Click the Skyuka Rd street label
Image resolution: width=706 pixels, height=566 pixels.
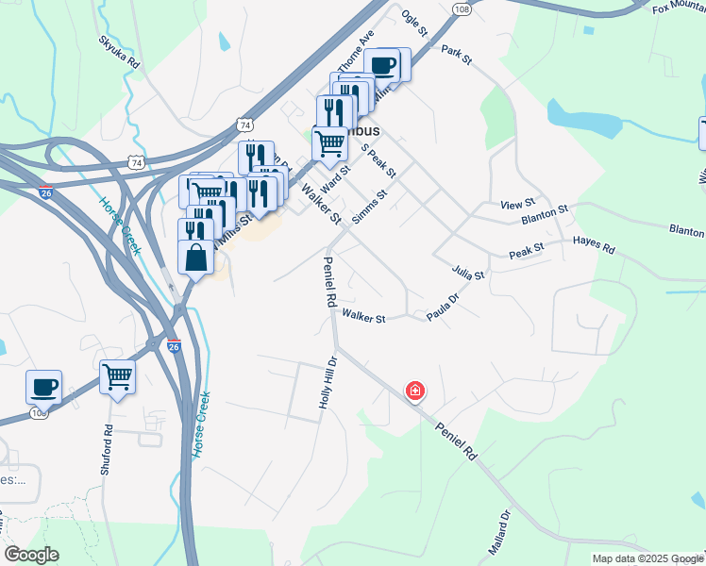pyautogui.click(x=119, y=52)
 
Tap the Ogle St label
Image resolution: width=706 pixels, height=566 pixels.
pyautogui.click(x=414, y=23)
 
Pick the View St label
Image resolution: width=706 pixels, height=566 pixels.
pyautogui.click(x=517, y=203)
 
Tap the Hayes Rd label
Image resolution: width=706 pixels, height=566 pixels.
pyautogui.click(x=594, y=247)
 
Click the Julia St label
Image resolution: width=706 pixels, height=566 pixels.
pyautogui.click(x=468, y=274)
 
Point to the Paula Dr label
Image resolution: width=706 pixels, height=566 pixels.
pyautogui.click(x=442, y=308)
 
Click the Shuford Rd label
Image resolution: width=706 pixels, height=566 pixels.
pyautogui.click(x=108, y=449)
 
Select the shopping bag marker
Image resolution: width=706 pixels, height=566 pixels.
pyautogui.click(x=195, y=257)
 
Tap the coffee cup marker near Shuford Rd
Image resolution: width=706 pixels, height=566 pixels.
pyautogui.click(x=44, y=387)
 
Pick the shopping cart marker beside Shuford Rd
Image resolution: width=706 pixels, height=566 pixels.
pyautogui.click(x=118, y=378)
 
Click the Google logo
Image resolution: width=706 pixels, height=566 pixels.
pyautogui.click(x=31, y=555)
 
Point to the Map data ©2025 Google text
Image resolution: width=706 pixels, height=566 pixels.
pyautogui.click(x=647, y=558)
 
